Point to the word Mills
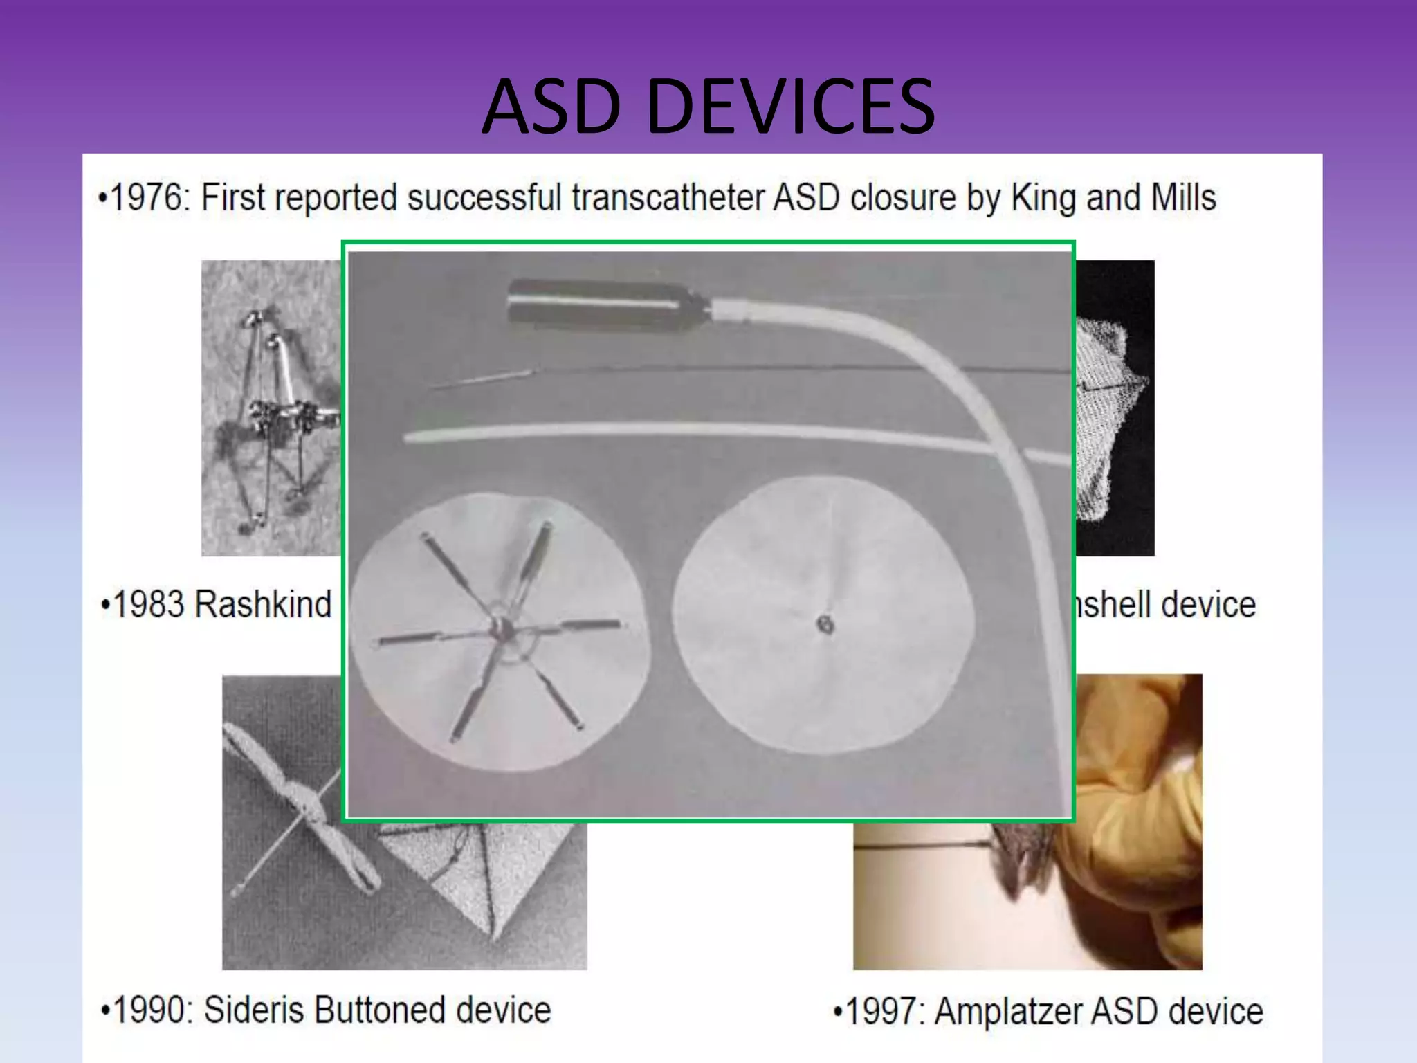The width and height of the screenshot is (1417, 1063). click(1183, 198)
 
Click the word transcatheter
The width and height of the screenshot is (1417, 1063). click(668, 198)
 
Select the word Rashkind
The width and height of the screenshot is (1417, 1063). click(263, 604)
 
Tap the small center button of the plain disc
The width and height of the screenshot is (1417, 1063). click(825, 625)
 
